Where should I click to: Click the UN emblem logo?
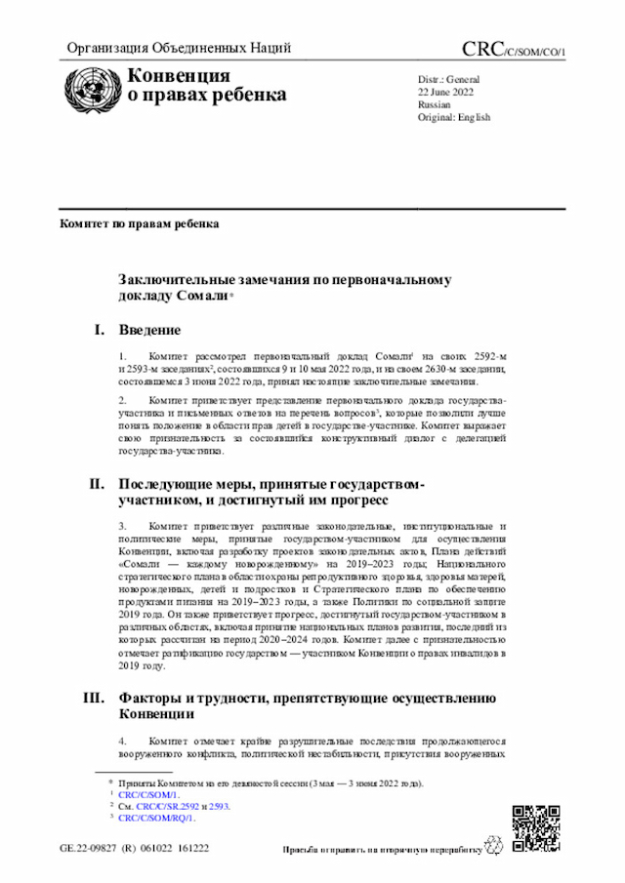(x=89, y=87)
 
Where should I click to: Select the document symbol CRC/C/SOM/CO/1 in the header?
(x=513, y=50)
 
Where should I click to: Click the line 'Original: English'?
(x=454, y=117)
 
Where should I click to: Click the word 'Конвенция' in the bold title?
(x=180, y=76)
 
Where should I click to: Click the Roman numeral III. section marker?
(x=93, y=698)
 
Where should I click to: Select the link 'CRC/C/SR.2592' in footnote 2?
(x=168, y=807)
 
